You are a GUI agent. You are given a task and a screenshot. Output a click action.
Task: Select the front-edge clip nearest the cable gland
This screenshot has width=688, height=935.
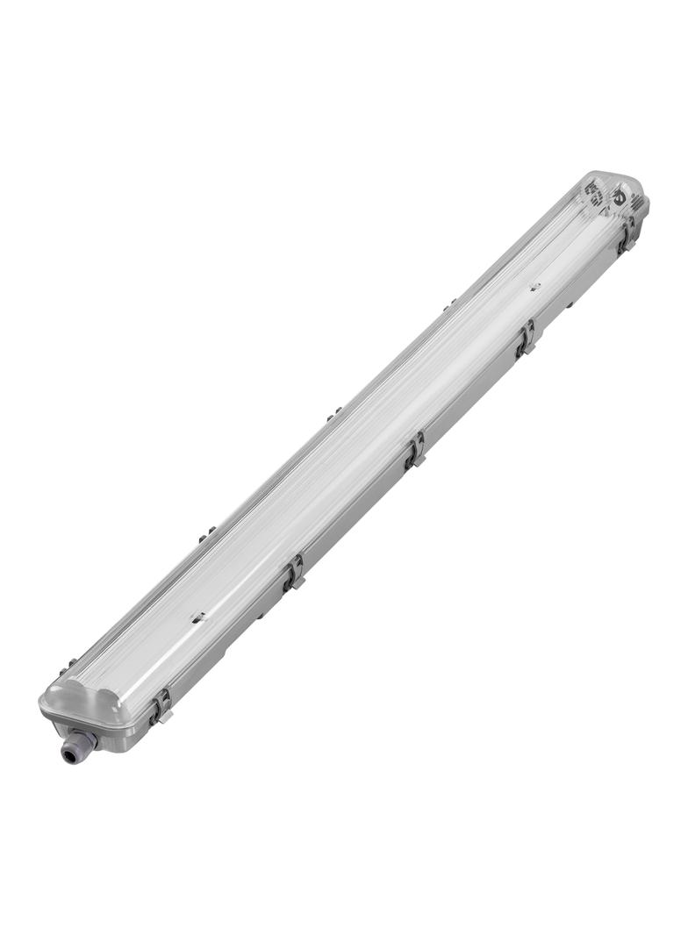coord(160,705)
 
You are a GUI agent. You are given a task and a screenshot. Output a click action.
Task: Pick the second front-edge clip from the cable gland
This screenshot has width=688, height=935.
coord(294,572)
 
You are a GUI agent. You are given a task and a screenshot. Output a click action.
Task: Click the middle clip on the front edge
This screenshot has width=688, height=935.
coord(414,451)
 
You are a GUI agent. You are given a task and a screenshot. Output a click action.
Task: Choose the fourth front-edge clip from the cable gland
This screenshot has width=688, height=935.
coord(526,338)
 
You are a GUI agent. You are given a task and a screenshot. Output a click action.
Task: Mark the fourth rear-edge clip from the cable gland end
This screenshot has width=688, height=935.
coord(449,303)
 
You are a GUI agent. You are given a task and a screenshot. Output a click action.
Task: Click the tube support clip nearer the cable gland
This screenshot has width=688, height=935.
coord(199,618)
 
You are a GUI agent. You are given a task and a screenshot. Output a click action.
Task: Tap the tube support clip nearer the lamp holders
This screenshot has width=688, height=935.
coord(534,287)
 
